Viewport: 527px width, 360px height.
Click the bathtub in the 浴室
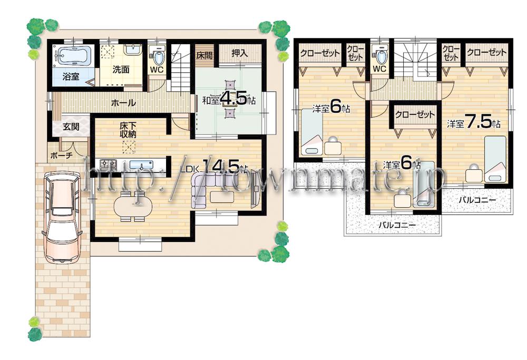pyautogui.click(x=74, y=55)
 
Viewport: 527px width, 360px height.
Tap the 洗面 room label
pyautogui.click(x=121, y=70)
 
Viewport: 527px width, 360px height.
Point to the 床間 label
pyautogui.click(x=204, y=54)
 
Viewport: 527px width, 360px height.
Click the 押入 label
pyautogui.click(x=240, y=53)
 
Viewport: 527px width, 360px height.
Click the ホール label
pyautogui.click(x=123, y=103)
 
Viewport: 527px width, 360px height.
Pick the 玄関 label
pyautogui.click(x=71, y=127)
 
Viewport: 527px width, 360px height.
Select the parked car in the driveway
pyautogui.click(x=62, y=217)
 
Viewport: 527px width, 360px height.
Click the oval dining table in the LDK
pyautogui.click(x=131, y=205)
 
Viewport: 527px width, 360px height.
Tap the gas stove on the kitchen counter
pyautogui.click(x=108, y=164)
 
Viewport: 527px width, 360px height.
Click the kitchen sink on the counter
pyautogui.click(x=140, y=164)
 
